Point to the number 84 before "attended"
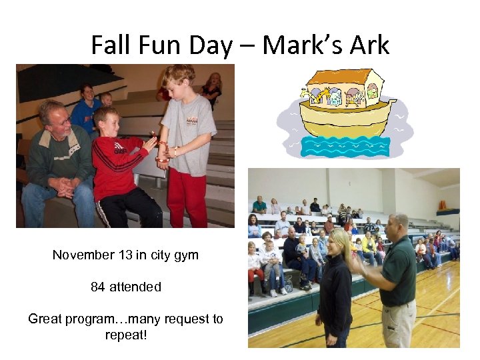tap(98, 287)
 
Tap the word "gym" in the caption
tap(185, 255)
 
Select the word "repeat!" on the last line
tap(126, 334)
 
